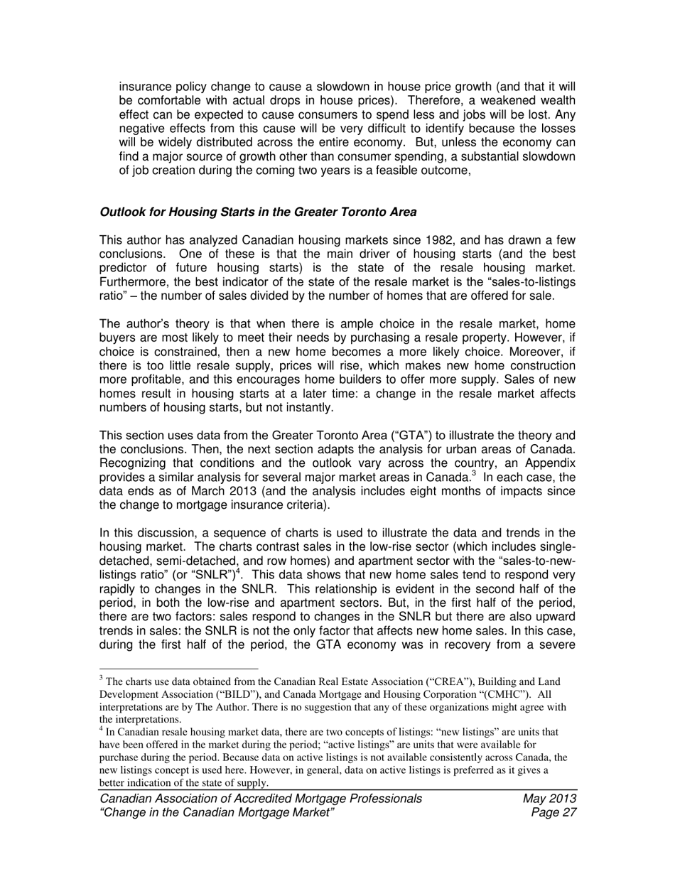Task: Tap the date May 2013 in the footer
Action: tap(549, 799)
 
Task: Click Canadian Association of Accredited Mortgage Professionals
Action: tap(260, 799)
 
